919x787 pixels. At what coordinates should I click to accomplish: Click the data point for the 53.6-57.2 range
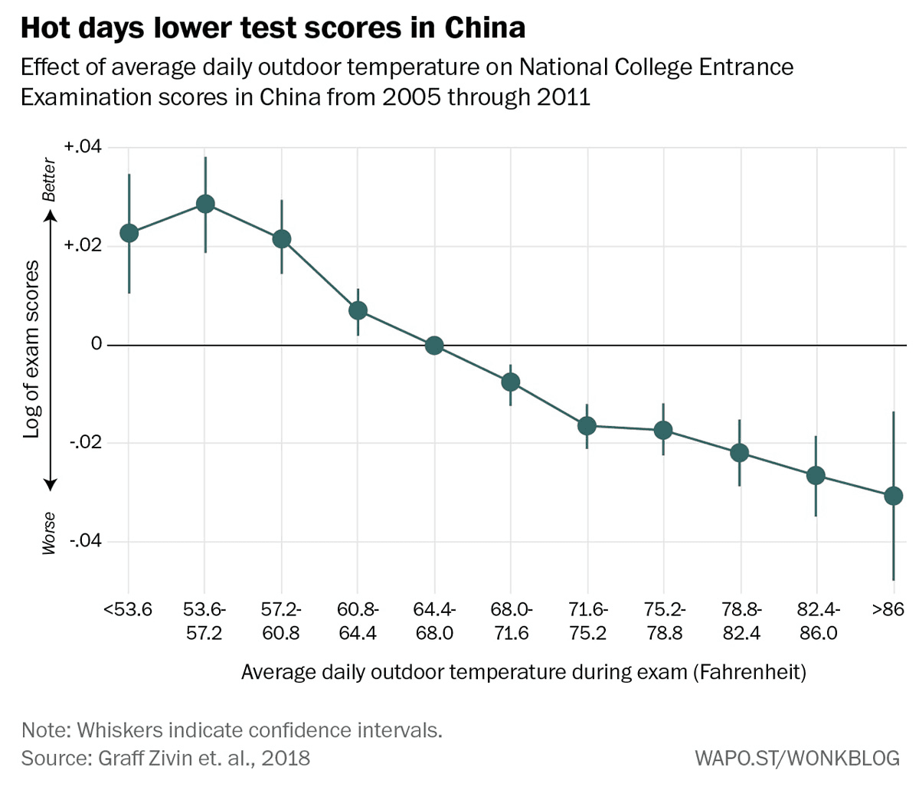[x=205, y=204]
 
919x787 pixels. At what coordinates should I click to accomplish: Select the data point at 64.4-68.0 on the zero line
[x=434, y=345]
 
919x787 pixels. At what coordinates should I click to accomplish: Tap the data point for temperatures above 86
[x=893, y=497]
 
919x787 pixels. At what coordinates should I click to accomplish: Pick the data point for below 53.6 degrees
[x=129, y=233]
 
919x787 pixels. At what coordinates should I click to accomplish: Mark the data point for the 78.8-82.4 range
[x=739, y=453]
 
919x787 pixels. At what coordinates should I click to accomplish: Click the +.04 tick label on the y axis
[x=83, y=147]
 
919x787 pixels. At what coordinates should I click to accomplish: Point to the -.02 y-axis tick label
[x=85, y=443]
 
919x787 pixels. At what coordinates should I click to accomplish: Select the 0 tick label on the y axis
[x=96, y=345]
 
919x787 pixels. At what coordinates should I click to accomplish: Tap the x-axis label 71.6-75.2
[x=587, y=621]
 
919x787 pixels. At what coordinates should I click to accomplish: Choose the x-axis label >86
[x=888, y=610]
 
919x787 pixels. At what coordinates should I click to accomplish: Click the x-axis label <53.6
[x=128, y=610]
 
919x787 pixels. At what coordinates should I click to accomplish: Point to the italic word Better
[x=50, y=181]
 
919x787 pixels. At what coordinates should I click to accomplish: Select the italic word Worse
[x=50, y=532]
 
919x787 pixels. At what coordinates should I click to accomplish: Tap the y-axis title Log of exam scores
[x=31, y=349]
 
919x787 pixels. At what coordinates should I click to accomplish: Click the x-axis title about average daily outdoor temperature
[x=524, y=672]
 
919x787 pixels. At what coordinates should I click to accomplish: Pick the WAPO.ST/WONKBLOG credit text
[x=796, y=759]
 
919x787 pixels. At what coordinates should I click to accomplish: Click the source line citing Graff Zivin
[x=165, y=759]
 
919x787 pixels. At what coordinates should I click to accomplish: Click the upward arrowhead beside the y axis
[x=50, y=216]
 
